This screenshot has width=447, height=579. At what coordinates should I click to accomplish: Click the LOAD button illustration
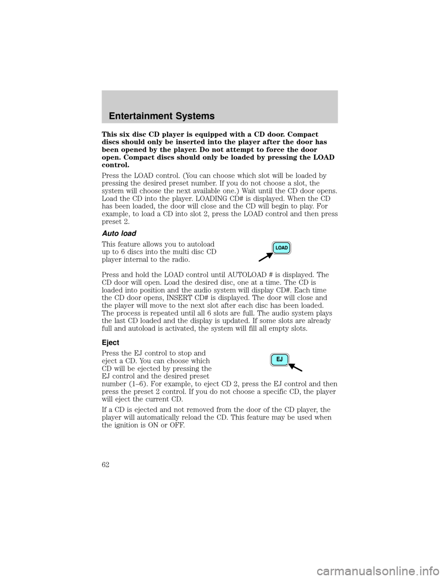(x=281, y=248)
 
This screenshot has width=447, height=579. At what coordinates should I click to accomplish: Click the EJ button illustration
(x=280, y=360)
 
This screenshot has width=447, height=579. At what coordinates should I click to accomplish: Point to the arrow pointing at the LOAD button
(x=266, y=257)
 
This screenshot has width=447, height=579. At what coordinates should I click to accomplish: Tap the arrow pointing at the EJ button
(x=296, y=367)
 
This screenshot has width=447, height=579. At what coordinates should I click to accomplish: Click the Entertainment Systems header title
(x=162, y=116)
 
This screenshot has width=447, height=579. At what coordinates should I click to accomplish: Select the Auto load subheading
(x=119, y=234)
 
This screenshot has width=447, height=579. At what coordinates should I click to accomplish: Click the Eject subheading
(x=110, y=343)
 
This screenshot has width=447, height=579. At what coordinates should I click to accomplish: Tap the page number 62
(x=106, y=465)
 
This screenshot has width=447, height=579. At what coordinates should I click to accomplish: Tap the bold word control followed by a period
(x=115, y=165)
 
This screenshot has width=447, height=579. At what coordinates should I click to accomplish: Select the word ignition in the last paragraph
(x=125, y=425)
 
